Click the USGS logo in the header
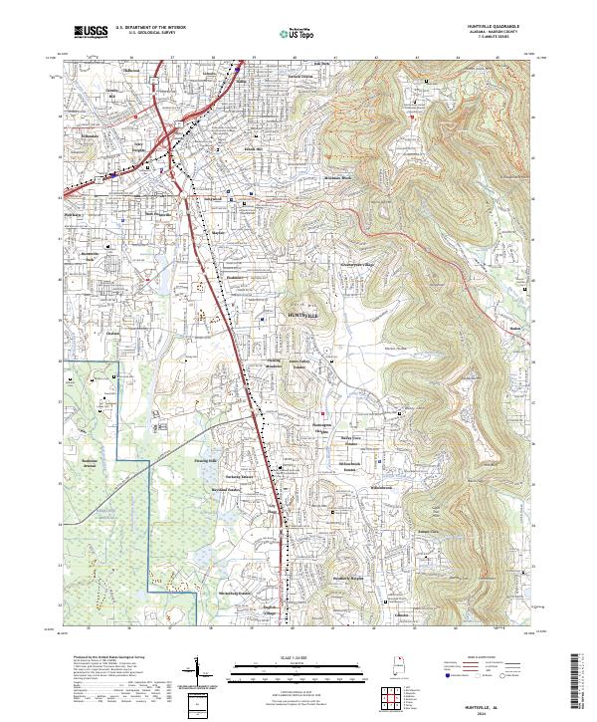(x=91, y=32)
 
